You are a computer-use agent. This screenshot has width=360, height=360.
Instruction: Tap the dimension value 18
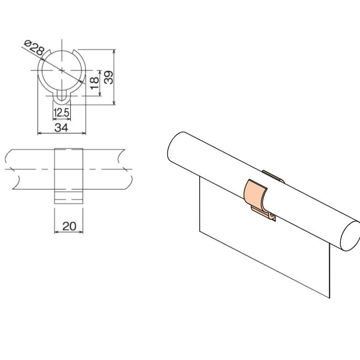tap(94, 82)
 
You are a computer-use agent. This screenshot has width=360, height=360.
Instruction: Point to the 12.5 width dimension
tap(61, 112)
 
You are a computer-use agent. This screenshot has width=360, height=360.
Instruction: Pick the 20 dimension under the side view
tap(69, 226)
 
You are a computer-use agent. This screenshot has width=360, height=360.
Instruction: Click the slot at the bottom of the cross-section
tap(61, 97)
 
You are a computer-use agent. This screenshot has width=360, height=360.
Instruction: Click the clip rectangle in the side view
tap(69, 175)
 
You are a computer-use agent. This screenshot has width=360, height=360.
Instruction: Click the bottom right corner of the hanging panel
tap(329, 298)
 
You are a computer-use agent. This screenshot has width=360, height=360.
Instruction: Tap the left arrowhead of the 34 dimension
tap(39, 133)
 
